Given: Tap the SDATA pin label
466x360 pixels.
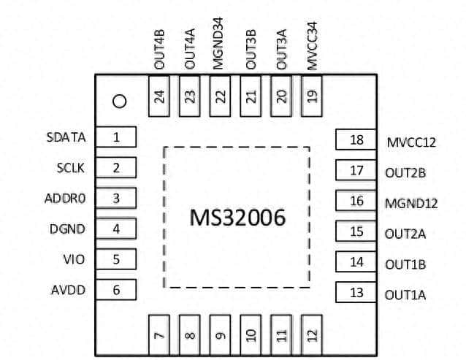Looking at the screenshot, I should coord(66,137).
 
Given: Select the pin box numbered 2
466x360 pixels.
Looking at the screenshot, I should coord(116,167).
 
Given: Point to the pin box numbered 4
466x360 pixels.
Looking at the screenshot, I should coord(116,229).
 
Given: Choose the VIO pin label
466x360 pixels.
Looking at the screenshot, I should coord(74,259).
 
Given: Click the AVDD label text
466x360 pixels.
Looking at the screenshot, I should coord(68,290).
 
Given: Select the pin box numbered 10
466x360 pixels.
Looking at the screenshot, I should coord(251,335).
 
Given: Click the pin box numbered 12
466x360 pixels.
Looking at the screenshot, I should coord(313,335).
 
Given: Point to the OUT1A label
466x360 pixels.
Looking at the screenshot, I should coord(405,295).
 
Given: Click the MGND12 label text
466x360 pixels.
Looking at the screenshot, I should coord(411,203).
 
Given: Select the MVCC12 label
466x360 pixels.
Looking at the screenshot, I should coord(410,142).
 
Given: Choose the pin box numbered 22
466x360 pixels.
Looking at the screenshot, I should coord(221,96).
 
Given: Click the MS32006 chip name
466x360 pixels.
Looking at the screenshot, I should coord(237,217).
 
